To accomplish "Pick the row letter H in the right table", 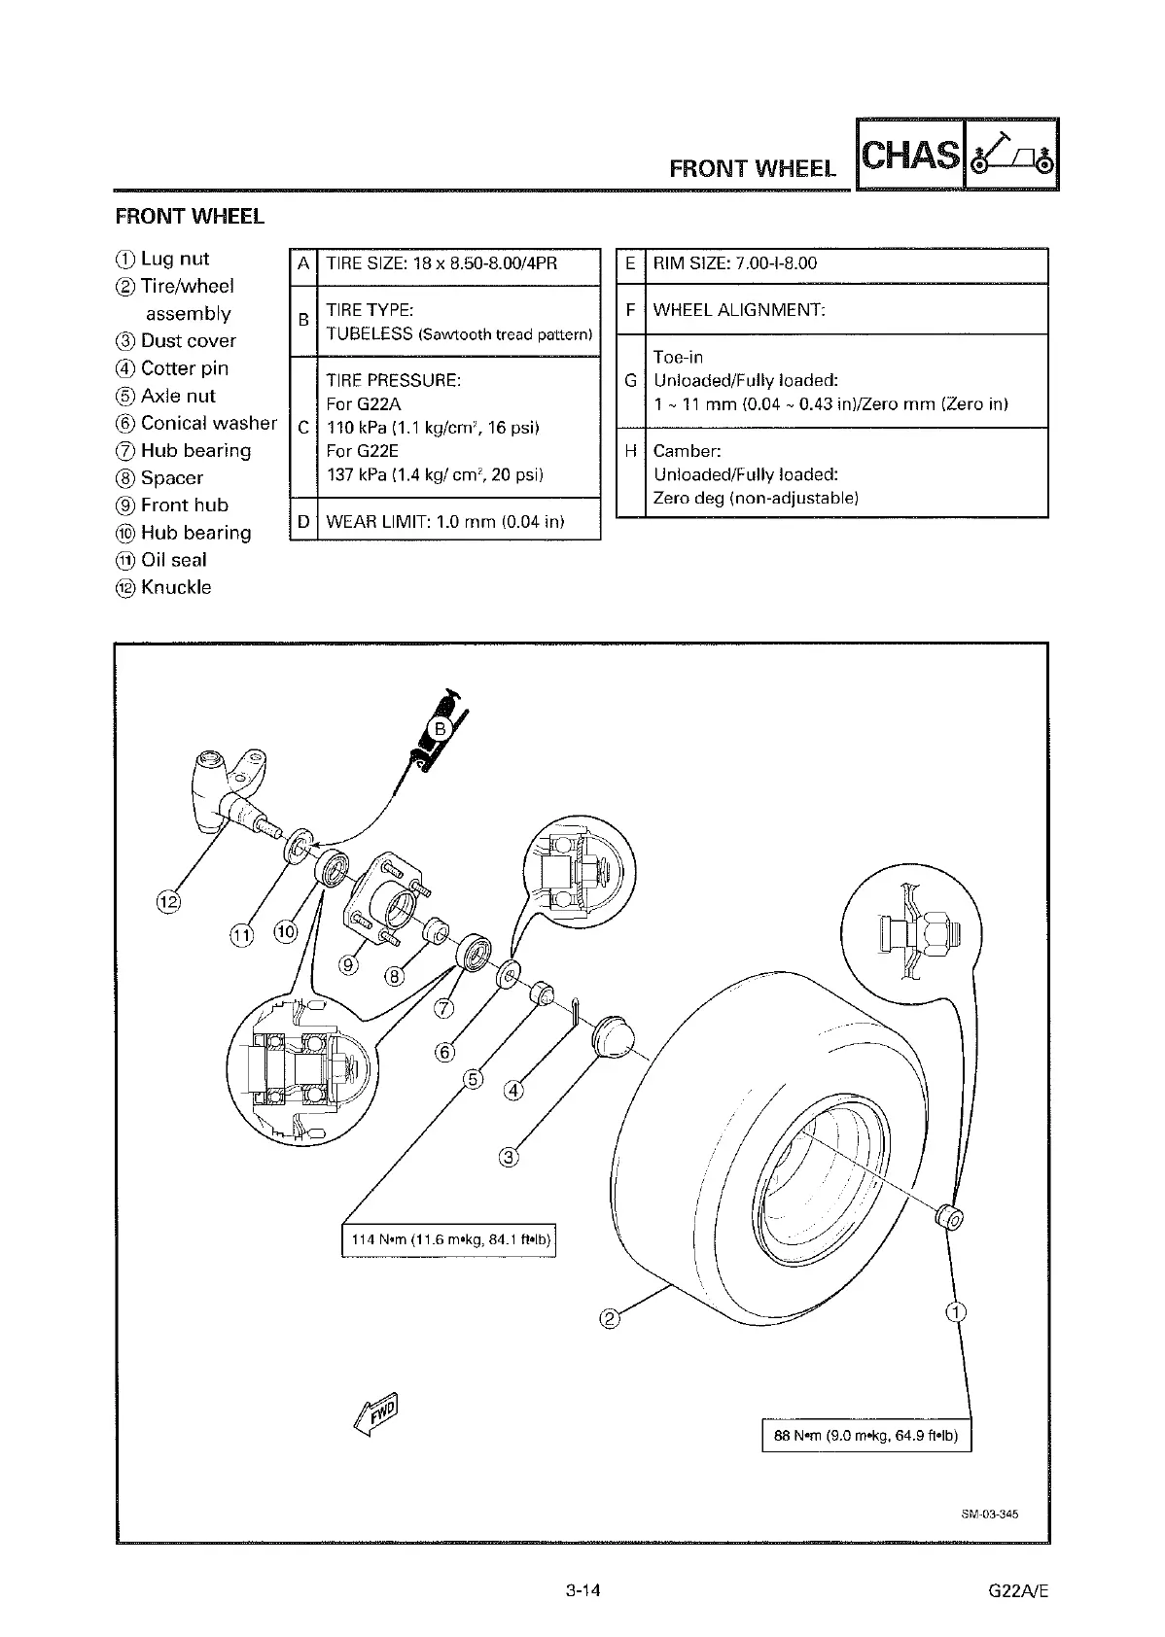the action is point(631,452).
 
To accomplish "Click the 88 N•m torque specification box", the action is point(866,1436).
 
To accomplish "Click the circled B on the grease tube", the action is point(439,728).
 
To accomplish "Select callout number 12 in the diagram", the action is point(169,901).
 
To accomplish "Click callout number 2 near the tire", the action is point(610,1318).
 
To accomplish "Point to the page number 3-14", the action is point(582,1591).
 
